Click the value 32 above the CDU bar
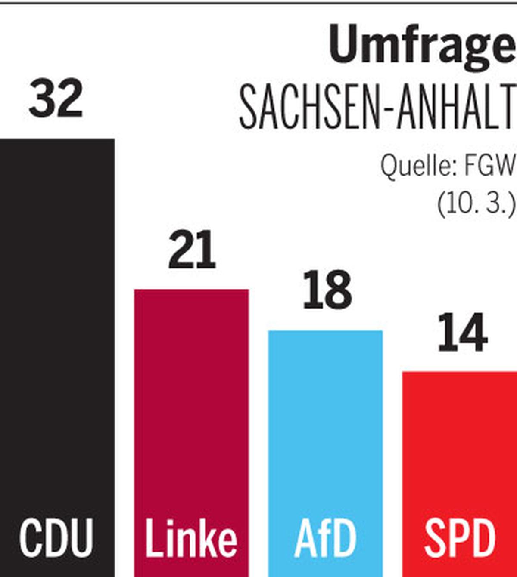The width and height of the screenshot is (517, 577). tap(56, 99)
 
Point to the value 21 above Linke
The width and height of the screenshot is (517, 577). tap(192, 250)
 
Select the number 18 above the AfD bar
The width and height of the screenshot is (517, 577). tap(327, 290)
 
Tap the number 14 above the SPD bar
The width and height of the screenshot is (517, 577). tap(462, 333)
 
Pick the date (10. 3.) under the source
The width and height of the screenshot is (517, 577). tap(476, 203)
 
